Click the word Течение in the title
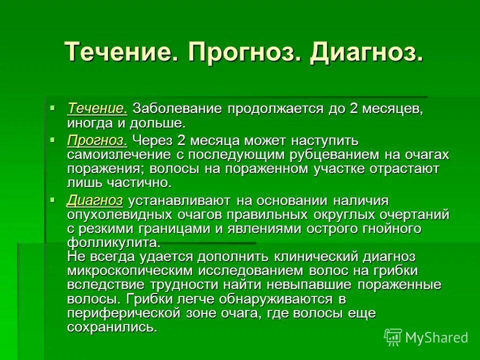[121, 51]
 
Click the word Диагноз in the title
[365, 51]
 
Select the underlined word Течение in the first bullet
[97, 108]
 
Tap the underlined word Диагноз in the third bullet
[94, 200]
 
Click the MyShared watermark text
[436, 337]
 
